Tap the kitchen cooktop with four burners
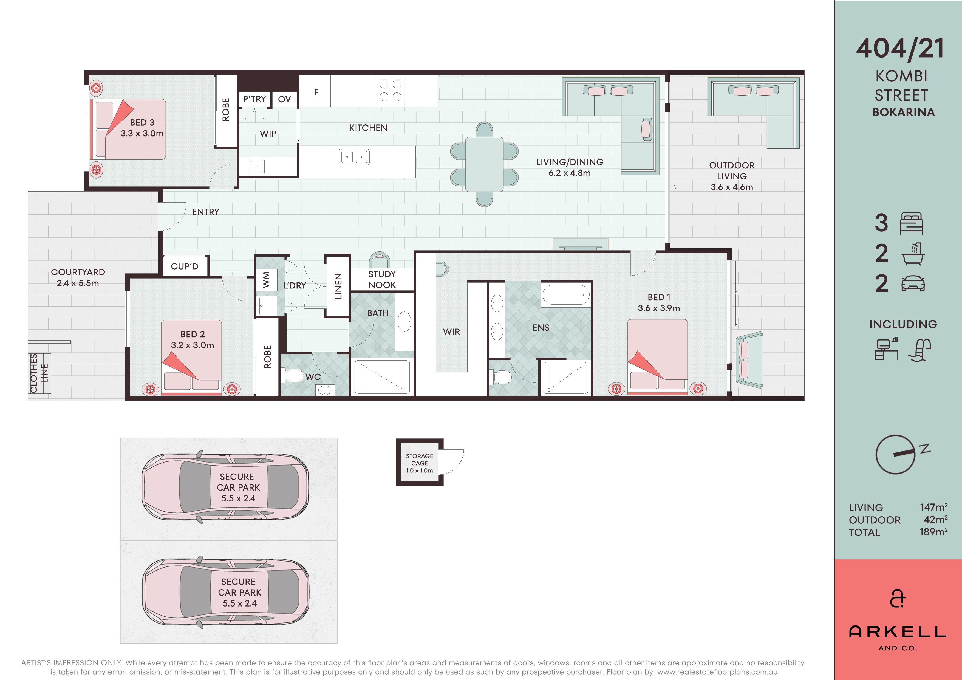click(x=390, y=90)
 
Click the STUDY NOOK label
click(x=382, y=279)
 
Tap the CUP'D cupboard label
click(x=184, y=266)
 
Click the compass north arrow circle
click(x=895, y=455)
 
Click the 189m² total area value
click(x=933, y=532)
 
